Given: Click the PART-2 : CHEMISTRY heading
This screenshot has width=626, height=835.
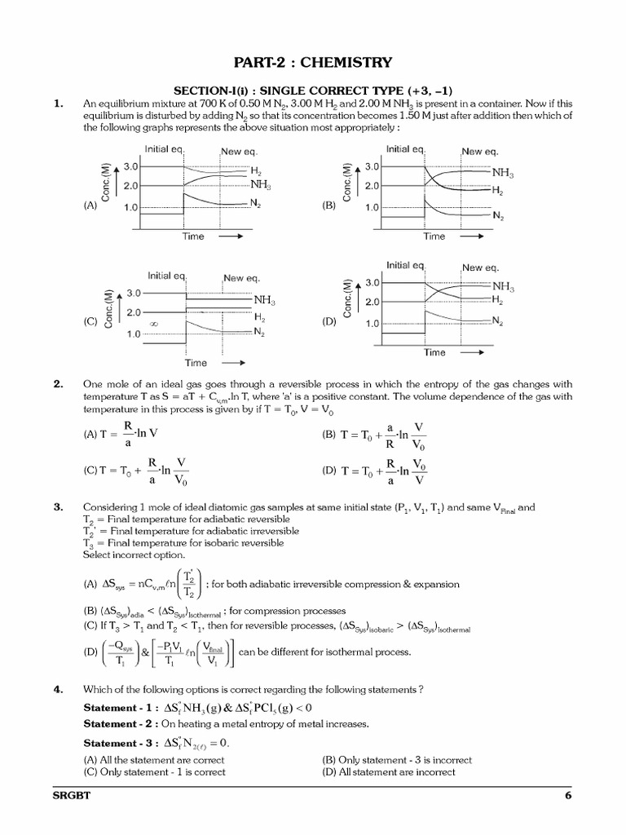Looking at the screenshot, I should tap(313, 63).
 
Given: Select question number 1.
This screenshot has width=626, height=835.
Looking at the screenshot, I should tap(59, 104).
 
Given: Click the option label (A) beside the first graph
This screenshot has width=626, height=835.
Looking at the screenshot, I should tap(90, 206).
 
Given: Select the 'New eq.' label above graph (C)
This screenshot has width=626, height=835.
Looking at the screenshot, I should tap(240, 278).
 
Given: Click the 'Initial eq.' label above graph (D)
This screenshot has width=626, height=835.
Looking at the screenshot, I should tap(406, 266).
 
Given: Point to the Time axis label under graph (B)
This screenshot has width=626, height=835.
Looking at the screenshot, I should tap(434, 236).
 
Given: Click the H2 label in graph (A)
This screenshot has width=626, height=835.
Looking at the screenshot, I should tap(256, 172).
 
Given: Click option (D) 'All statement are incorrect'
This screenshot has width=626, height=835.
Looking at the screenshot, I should tap(389, 771).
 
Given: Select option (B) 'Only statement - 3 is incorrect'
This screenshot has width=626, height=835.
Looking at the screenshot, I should tap(397, 760).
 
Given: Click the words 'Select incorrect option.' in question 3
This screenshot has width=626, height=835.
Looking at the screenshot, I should tap(134, 554).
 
